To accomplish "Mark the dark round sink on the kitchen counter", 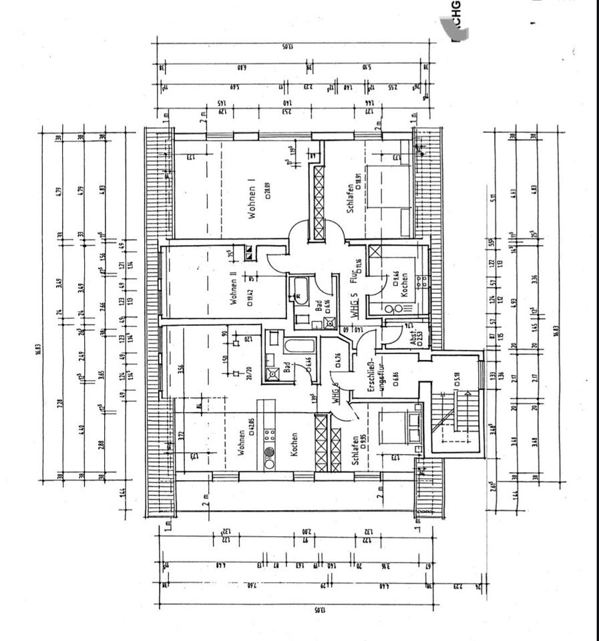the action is (x=270, y=451).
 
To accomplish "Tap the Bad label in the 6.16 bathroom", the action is (x=319, y=306).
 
